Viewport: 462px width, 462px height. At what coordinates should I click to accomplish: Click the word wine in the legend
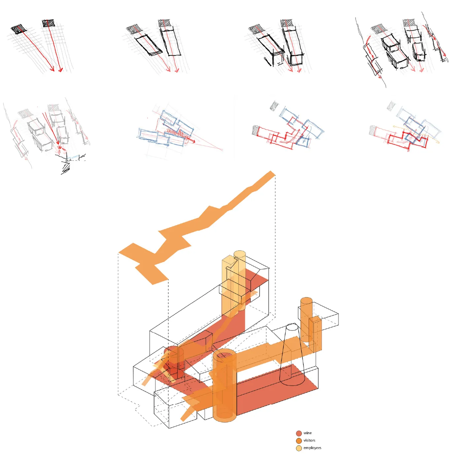coord(307,433)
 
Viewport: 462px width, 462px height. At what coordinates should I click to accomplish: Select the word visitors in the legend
coord(309,440)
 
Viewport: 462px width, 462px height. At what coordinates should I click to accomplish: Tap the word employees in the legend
coord(312,447)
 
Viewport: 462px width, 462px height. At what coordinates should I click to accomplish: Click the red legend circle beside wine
coord(299,433)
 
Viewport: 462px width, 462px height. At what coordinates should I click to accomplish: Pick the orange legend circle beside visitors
coord(299,441)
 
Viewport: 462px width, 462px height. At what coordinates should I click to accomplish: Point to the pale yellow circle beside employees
coord(299,448)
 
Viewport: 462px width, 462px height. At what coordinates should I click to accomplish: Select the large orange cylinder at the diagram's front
coord(225,386)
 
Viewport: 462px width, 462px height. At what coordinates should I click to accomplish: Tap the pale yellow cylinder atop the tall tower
coord(240,280)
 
